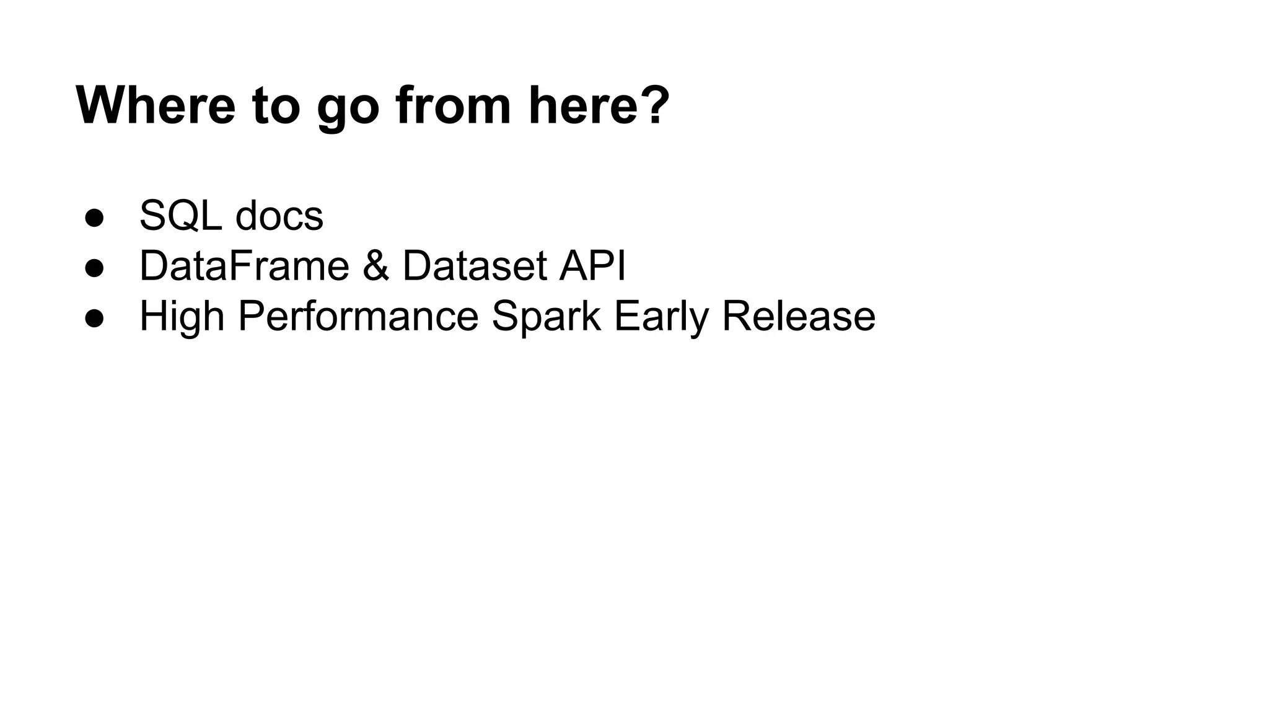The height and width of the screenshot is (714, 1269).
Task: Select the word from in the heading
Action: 454,105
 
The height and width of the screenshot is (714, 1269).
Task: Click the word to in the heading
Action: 276,105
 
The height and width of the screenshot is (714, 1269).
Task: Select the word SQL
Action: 180,216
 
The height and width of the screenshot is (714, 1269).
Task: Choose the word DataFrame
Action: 244,265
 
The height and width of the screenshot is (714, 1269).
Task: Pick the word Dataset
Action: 475,265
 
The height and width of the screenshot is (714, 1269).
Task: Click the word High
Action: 182,317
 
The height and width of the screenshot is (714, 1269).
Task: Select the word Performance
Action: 358,315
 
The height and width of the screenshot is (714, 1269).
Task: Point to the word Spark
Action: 546,317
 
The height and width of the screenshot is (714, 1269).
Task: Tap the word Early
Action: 661,317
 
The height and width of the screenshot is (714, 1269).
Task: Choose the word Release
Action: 799,315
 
